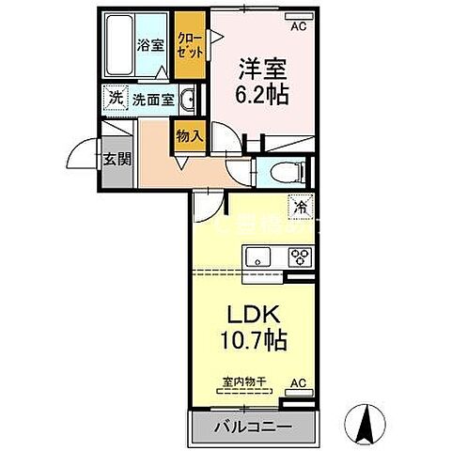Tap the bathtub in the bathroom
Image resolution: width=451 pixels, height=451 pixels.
119,47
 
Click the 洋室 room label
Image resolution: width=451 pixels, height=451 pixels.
257,70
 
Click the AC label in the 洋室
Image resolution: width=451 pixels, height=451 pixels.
299,26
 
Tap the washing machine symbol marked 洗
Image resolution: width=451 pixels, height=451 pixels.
115,97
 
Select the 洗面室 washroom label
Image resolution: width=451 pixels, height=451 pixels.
150,97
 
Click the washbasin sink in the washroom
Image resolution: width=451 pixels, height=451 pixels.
187,99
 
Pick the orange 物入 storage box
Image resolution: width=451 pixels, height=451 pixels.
190,135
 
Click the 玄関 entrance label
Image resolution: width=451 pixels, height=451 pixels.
116,157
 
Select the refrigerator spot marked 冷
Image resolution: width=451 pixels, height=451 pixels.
301,206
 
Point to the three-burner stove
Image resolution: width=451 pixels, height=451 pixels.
300,257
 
